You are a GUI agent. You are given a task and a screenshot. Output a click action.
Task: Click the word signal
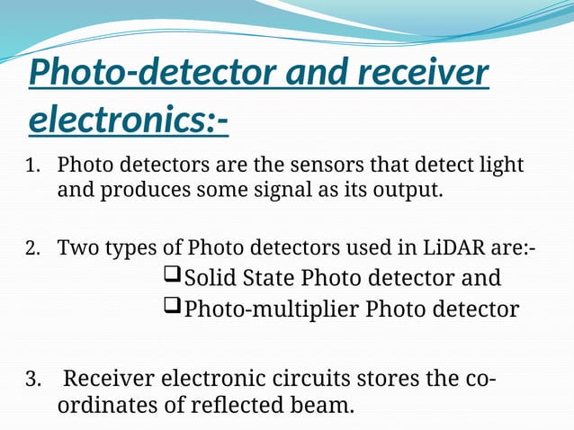coord(286,191)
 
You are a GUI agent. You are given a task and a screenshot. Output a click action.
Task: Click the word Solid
coord(212,277)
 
